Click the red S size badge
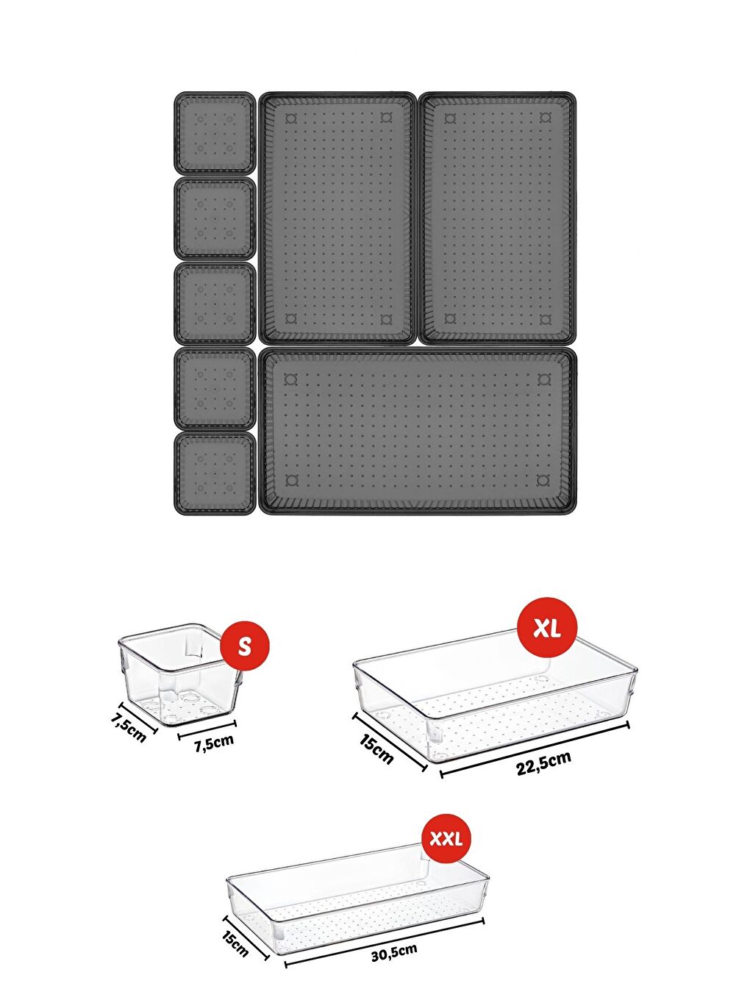point(245,646)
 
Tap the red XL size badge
point(547,628)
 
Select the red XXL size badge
point(446,839)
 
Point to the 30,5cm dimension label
point(394,953)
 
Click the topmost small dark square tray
point(215,132)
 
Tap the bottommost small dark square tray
point(215,473)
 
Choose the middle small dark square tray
point(215,303)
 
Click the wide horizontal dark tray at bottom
point(418,430)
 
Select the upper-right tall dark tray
point(498,218)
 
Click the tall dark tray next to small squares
point(337,218)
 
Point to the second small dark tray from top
point(215,218)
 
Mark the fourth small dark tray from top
point(215,388)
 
